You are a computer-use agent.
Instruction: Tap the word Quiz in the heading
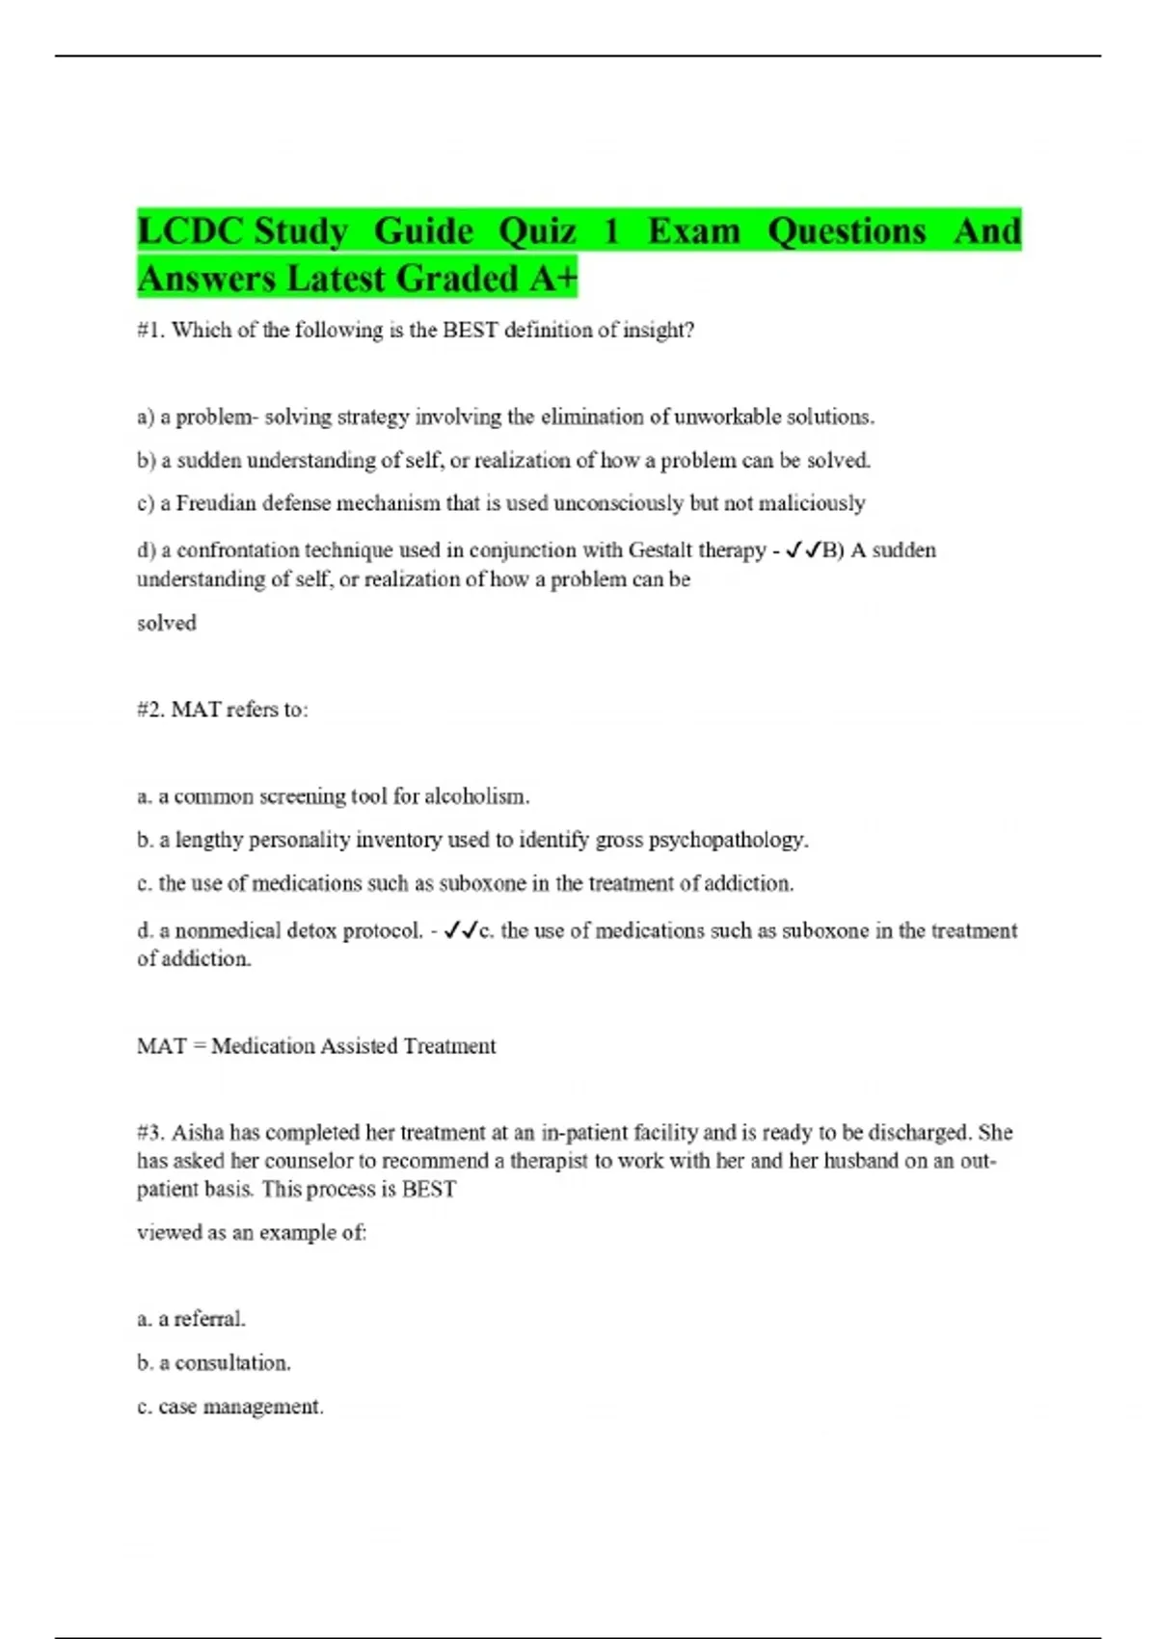pyautogui.click(x=536, y=231)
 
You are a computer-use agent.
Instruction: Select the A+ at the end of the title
pyautogui.click(x=552, y=279)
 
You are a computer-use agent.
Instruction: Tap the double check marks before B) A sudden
pyautogui.click(x=803, y=551)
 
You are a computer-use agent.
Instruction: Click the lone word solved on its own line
pyautogui.click(x=166, y=623)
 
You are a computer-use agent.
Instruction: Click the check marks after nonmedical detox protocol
pyautogui.click(x=461, y=931)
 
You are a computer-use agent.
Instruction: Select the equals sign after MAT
pyautogui.click(x=200, y=1046)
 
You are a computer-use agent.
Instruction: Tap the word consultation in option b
pyautogui.click(x=231, y=1363)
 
